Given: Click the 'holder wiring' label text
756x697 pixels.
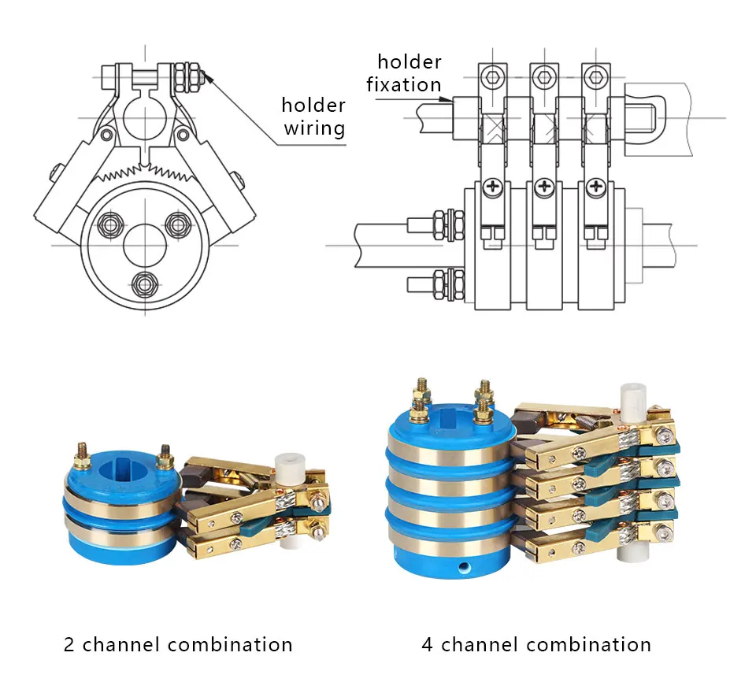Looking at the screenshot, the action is click(314, 117).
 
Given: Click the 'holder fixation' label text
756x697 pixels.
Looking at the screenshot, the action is click(404, 73).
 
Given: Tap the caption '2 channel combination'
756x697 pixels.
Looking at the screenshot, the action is click(178, 644).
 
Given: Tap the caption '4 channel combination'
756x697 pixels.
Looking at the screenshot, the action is click(536, 644).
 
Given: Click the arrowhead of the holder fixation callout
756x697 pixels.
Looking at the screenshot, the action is click(448, 100).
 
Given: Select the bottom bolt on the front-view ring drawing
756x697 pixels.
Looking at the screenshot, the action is click(145, 284).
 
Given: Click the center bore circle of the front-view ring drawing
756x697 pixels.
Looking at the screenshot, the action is click(145, 246).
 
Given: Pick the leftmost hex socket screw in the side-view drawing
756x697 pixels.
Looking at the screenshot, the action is click(492, 77).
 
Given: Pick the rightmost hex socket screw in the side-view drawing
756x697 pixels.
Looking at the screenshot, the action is click(596, 77).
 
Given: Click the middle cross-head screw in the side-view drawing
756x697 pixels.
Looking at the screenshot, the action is click(544, 187).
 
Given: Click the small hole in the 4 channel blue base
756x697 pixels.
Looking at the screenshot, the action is click(465, 565).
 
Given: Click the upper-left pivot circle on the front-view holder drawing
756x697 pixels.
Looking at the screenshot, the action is click(106, 135).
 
